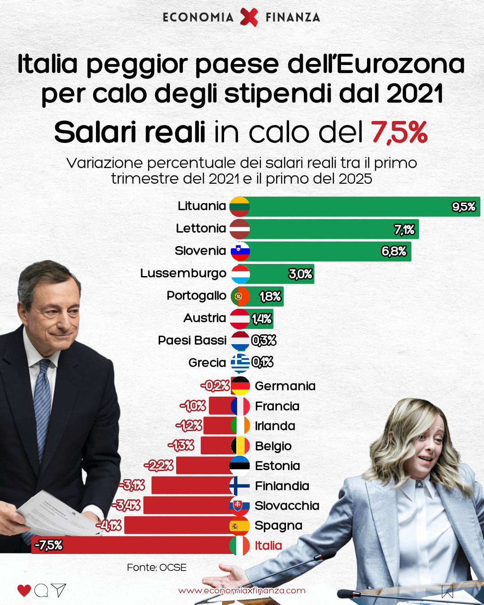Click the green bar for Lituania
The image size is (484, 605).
click(350, 207)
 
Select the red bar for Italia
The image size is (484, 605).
click(134, 545)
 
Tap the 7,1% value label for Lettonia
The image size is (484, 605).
click(404, 230)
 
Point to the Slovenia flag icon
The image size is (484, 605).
click(240, 251)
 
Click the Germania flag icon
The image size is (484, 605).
click(240, 386)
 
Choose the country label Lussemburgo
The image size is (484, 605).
click(183, 273)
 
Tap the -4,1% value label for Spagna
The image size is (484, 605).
click(109, 525)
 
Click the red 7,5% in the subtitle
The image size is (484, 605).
click(399, 132)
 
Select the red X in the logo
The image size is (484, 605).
click(249, 17)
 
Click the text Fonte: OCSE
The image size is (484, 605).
click(156, 567)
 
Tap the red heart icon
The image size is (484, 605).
click(24, 590)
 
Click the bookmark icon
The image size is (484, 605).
click(447, 591)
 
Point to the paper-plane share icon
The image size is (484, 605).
click(59, 590)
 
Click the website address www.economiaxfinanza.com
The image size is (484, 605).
click(242, 591)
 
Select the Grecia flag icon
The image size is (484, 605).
click(240, 363)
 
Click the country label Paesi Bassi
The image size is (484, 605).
click(192, 340)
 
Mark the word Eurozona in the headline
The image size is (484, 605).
click(400, 64)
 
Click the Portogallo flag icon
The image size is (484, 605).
click(240, 296)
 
